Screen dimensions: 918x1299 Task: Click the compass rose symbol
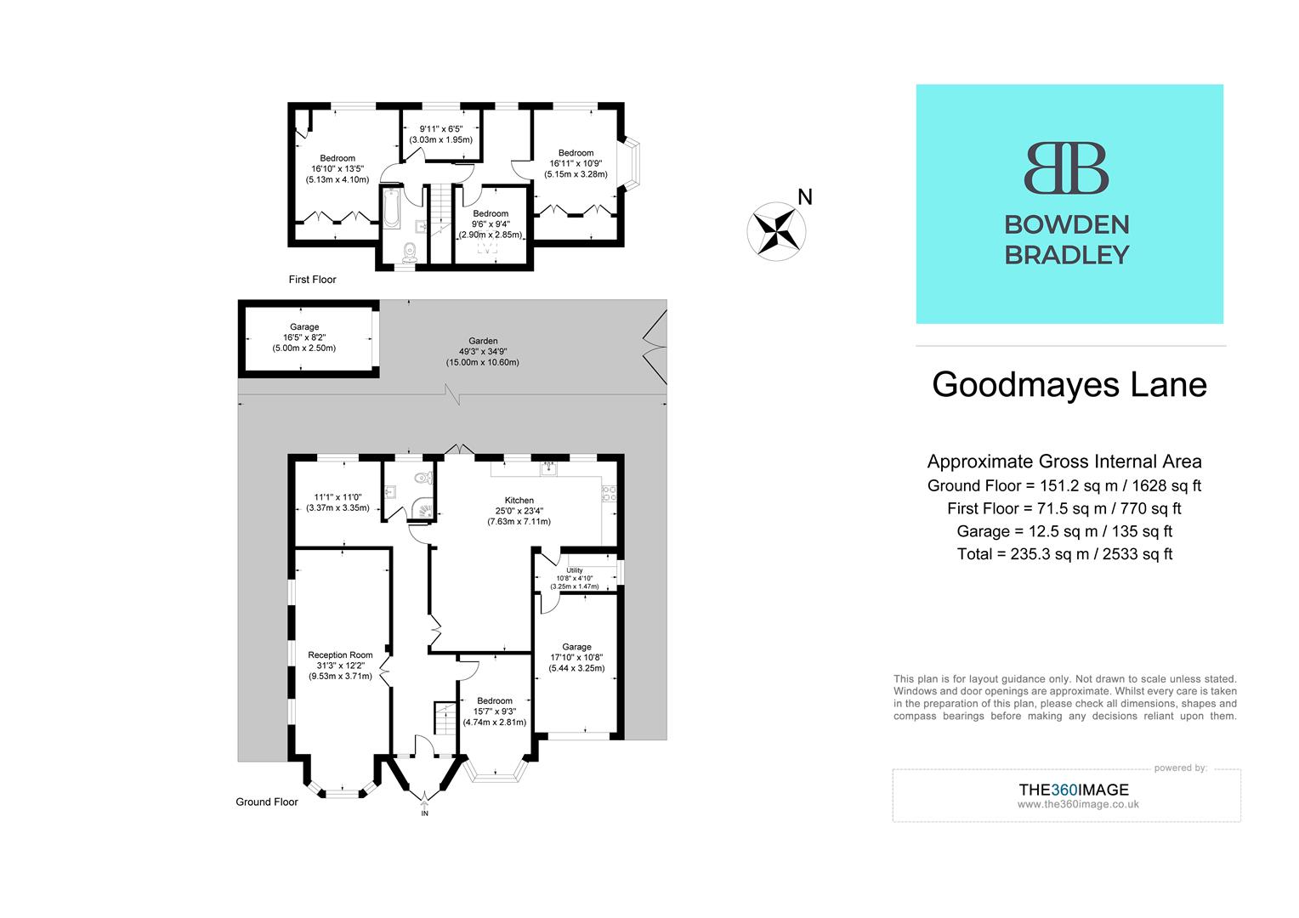(x=776, y=230)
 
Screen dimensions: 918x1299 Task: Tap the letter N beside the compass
(x=805, y=197)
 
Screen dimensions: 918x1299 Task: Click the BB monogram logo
(x=1066, y=168)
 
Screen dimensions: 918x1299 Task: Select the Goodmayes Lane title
(x=1069, y=384)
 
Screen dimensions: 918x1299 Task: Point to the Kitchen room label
(x=519, y=500)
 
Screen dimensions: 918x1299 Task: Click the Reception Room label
(x=340, y=654)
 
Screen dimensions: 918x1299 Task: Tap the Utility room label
(x=575, y=570)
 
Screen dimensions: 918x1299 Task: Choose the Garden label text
(x=483, y=341)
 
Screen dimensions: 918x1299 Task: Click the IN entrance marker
(x=425, y=813)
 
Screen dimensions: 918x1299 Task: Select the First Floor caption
(x=312, y=279)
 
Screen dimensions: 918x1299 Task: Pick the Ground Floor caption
(x=267, y=802)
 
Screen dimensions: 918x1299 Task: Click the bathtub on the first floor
(x=391, y=208)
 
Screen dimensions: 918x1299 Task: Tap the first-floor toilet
(x=409, y=251)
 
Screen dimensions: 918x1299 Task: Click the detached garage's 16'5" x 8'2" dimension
(x=303, y=337)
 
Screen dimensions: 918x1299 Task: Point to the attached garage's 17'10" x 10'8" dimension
(x=576, y=657)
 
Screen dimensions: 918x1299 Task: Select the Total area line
(x=1064, y=554)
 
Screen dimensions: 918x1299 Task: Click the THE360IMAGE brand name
(x=1074, y=790)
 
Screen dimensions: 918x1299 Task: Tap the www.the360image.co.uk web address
(x=1077, y=804)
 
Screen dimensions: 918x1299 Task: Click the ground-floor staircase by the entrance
(x=445, y=718)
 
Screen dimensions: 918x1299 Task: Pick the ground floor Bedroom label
(x=494, y=701)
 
